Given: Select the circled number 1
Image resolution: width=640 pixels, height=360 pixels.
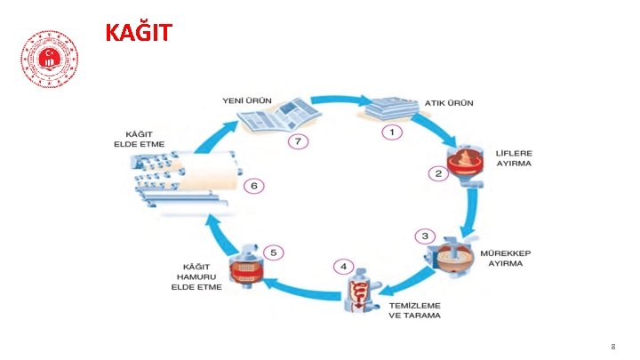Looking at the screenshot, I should (391, 132).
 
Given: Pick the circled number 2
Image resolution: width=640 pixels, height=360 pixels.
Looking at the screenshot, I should (437, 172).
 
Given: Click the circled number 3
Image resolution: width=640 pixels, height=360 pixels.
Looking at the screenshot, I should (426, 236).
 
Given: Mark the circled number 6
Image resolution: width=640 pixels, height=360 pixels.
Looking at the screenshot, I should (254, 186).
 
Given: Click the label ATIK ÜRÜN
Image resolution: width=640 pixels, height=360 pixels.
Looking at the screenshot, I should (449, 103).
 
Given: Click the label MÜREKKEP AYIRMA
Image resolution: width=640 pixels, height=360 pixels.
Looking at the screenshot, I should (506, 259).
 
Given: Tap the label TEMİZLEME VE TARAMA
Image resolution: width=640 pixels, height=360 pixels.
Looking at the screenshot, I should (414, 310).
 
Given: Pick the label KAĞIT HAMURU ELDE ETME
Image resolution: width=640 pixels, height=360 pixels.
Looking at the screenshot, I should (196, 276).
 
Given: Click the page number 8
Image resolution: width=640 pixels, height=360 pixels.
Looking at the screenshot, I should (612, 346).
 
